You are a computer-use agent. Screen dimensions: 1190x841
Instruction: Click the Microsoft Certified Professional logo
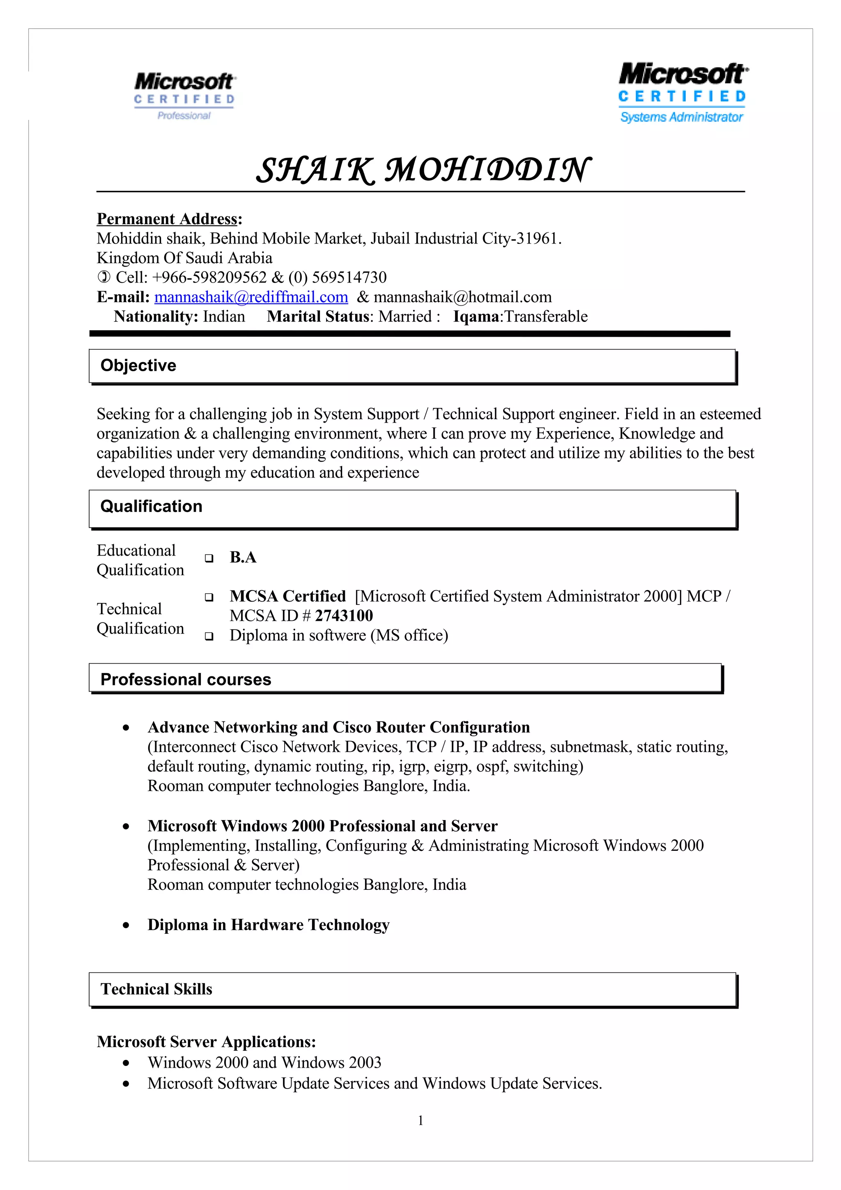coord(184,96)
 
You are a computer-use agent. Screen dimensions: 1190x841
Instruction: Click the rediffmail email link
coord(251,297)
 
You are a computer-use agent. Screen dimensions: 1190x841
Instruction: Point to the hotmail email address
coord(462,297)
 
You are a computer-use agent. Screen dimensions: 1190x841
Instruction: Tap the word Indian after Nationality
coord(224,316)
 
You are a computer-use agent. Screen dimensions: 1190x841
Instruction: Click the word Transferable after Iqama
coord(546,316)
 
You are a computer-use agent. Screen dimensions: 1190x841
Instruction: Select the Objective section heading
coord(138,365)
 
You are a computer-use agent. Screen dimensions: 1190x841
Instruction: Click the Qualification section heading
coord(151,506)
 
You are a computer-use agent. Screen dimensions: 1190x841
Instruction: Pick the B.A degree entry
coord(243,557)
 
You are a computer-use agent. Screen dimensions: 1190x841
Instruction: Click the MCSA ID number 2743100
coord(344,616)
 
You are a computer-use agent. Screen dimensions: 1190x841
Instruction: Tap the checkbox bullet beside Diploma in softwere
coord(209,636)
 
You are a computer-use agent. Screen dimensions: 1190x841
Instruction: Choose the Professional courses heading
coord(186,680)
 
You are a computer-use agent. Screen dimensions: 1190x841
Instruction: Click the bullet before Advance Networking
coord(126,728)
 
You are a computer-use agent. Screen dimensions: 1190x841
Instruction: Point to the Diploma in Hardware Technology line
coord(269,925)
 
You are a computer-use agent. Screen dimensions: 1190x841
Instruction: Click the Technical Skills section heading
coord(156,989)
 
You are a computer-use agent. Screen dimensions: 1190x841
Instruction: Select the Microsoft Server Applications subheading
coord(206,1041)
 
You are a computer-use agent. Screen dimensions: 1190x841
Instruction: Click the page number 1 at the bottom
coord(420,1120)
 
